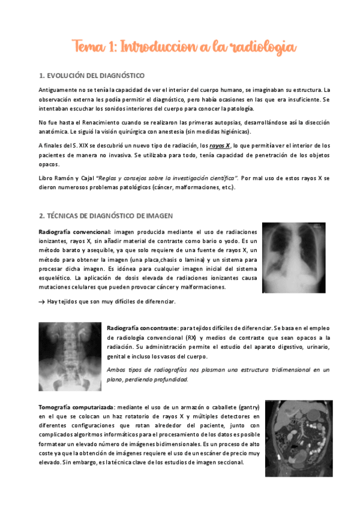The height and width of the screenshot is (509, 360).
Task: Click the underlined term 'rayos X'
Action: click(219, 145)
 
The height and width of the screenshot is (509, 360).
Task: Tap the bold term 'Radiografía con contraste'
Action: click(142, 328)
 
